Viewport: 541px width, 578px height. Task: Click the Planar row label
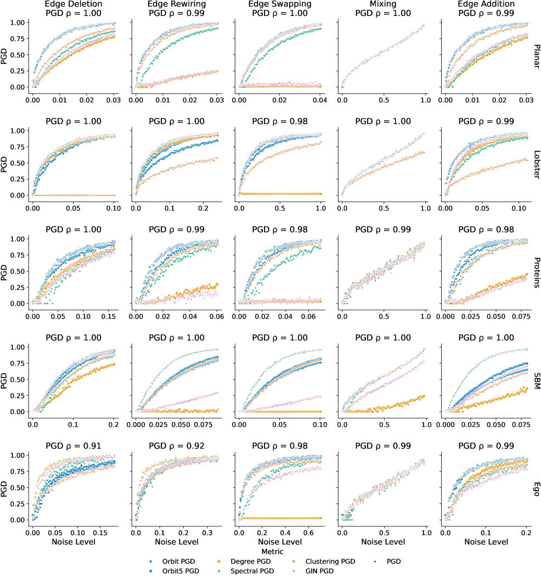click(536, 54)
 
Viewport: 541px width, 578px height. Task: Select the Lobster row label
click(536, 162)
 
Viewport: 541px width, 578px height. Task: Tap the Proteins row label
click(536, 271)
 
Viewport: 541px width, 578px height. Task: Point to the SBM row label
click(536, 379)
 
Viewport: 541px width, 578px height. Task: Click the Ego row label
click(536, 487)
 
